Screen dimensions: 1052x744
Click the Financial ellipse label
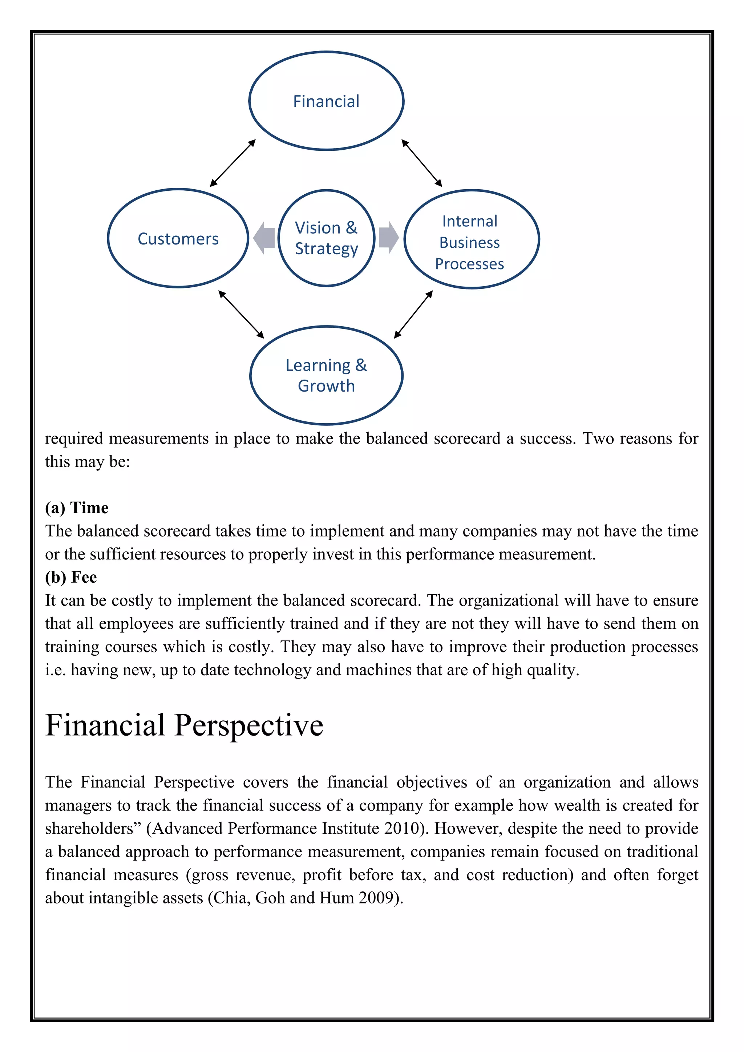[326, 101]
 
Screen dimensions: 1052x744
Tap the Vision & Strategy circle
[326, 238]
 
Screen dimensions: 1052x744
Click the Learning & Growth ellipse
[326, 375]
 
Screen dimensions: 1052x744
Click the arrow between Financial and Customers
[232, 163]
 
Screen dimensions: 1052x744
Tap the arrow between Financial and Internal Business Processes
[421, 163]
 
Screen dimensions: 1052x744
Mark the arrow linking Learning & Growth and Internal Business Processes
[413, 314]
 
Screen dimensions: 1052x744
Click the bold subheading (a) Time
[77, 508]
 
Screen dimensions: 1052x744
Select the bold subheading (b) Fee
[70, 577]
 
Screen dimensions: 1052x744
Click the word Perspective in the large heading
[249, 725]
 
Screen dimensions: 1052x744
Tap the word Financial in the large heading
[105, 725]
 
